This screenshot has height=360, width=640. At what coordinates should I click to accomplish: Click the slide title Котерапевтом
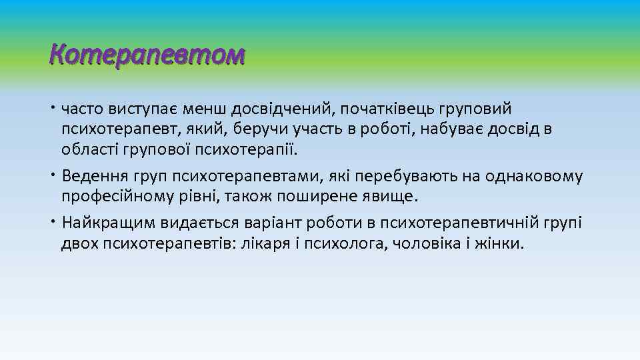point(147,55)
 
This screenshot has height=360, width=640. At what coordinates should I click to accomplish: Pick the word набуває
point(461,128)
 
